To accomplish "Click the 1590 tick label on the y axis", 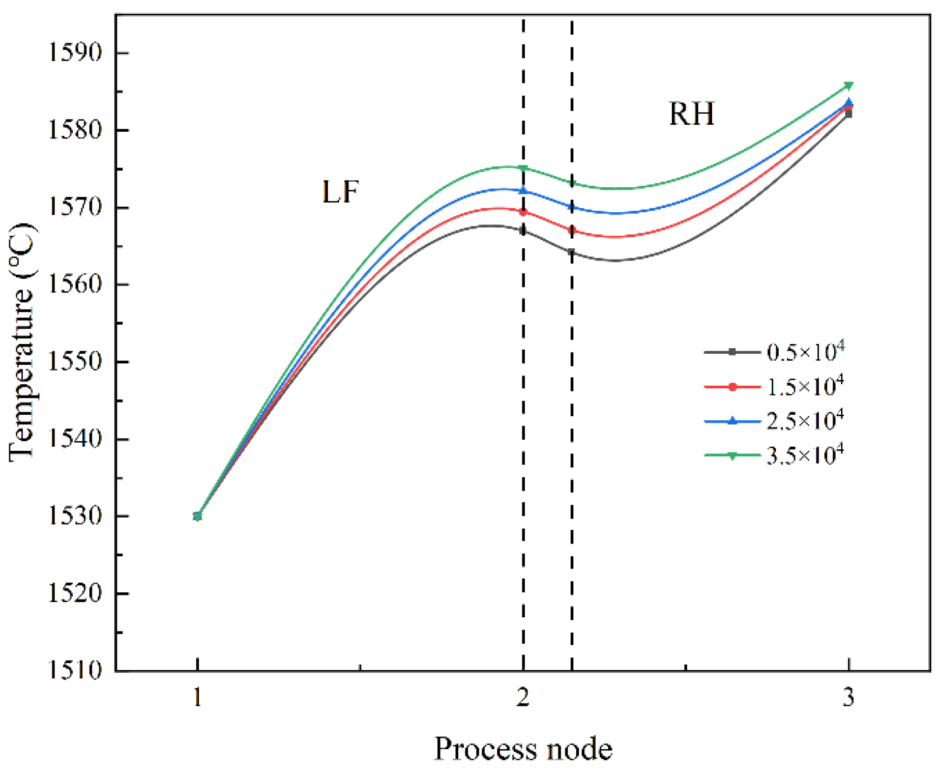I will (x=74, y=52).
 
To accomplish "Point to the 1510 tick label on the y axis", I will (x=74, y=671).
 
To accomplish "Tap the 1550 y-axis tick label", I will (x=74, y=362).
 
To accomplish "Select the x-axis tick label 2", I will (x=523, y=697).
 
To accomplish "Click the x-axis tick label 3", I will (x=848, y=697).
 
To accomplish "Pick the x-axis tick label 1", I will (x=198, y=697).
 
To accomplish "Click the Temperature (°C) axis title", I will (x=22, y=342).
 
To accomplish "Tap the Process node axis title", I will (x=523, y=749).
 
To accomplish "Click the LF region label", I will (x=340, y=192).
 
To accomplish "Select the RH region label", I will (x=691, y=113).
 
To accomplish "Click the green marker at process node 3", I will (x=848, y=85).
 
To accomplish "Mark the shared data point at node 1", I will (x=198, y=516).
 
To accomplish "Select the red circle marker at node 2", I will (x=523, y=212).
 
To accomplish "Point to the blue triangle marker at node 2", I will (x=523, y=190).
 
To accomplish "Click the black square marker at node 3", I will (x=848, y=115).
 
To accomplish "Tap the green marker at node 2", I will (x=523, y=168).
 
